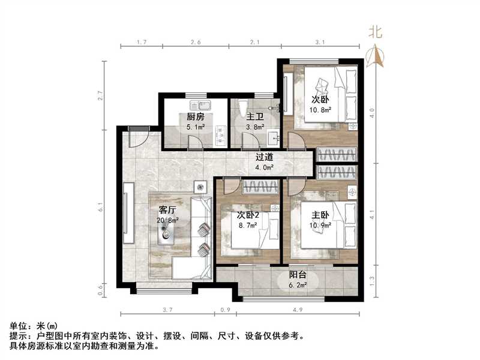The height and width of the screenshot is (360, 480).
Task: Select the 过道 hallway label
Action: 265,157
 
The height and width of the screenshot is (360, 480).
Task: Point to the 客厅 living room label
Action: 167,210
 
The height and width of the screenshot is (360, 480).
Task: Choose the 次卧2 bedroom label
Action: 247,215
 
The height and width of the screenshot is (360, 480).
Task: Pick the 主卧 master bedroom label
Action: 320,215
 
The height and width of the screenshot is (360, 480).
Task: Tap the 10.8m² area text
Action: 322,110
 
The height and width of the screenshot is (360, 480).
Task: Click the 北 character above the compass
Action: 376,32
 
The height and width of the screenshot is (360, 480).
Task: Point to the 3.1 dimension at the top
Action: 319,42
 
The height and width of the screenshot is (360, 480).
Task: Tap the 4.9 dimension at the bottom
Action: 298,310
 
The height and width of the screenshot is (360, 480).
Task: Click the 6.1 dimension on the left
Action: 101,208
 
